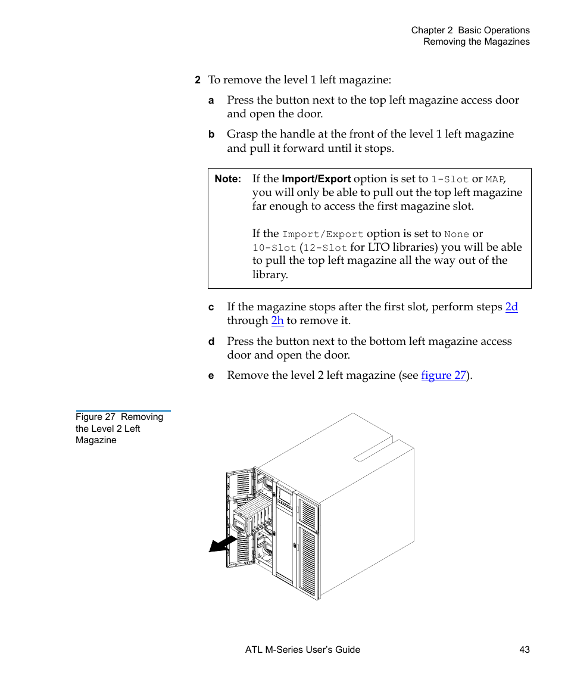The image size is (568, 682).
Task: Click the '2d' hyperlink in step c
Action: pyautogui.click(x=511, y=307)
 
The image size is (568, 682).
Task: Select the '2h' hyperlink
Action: pyautogui.click(x=277, y=320)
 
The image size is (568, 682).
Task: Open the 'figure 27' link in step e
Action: pyautogui.click(x=444, y=375)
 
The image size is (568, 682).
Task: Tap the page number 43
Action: pyautogui.click(x=524, y=650)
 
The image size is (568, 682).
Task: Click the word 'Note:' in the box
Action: pyautogui.click(x=228, y=179)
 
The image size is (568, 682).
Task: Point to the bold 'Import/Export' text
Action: pyautogui.click(x=316, y=179)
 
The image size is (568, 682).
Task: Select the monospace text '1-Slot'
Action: pyautogui.click(x=450, y=179)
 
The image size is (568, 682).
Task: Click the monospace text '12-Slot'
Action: pyautogui.click(x=325, y=248)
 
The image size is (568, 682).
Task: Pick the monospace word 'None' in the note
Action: pyautogui.click(x=456, y=235)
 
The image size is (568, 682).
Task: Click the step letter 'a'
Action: pyautogui.click(x=211, y=101)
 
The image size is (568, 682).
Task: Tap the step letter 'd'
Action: pyautogui.click(x=211, y=342)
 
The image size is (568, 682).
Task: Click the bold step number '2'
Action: pyautogui.click(x=197, y=80)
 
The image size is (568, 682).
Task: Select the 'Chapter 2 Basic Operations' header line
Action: pyautogui.click(x=470, y=30)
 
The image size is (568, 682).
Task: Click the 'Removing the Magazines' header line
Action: pyautogui.click(x=476, y=42)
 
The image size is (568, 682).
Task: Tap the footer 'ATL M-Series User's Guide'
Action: pyautogui.click(x=302, y=650)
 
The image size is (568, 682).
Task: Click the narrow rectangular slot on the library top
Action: pyautogui.click(x=373, y=451)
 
